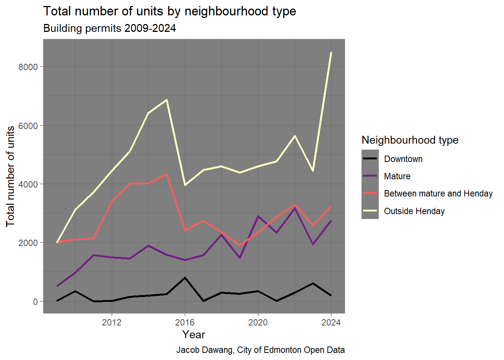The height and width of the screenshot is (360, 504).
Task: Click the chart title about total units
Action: point(169,11)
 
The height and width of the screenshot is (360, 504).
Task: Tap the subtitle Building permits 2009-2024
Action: point(109,28)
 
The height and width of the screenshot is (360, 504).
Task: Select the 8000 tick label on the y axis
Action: point(28,67)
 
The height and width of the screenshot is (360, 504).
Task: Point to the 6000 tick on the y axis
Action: point(28,126)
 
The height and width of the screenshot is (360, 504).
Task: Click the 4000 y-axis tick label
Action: point(28,184)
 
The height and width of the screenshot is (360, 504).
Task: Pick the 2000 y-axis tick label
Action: point(28,243)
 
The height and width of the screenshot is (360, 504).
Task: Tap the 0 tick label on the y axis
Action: point(35,301)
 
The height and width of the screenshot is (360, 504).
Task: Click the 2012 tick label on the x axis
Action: point(112,322)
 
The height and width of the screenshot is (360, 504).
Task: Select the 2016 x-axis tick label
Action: point(185,322)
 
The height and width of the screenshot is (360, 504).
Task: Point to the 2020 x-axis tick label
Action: point(258,322)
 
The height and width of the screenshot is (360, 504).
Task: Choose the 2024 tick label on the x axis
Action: point(331,322)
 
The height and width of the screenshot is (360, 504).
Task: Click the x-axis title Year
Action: point(193,334)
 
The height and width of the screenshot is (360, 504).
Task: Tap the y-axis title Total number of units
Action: point(10,176)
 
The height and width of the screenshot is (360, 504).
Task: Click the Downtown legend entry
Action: point(403,159)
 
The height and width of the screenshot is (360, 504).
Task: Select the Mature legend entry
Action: point(397,176)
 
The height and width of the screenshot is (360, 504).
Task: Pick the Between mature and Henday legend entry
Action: point(438,193)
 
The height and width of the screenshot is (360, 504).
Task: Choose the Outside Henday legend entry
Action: point(414,211)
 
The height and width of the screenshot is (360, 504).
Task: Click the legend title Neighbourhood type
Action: point(410,140)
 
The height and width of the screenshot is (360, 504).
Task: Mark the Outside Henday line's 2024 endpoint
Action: point(331,52)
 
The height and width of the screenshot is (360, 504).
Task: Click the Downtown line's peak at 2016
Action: point(185,278)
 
